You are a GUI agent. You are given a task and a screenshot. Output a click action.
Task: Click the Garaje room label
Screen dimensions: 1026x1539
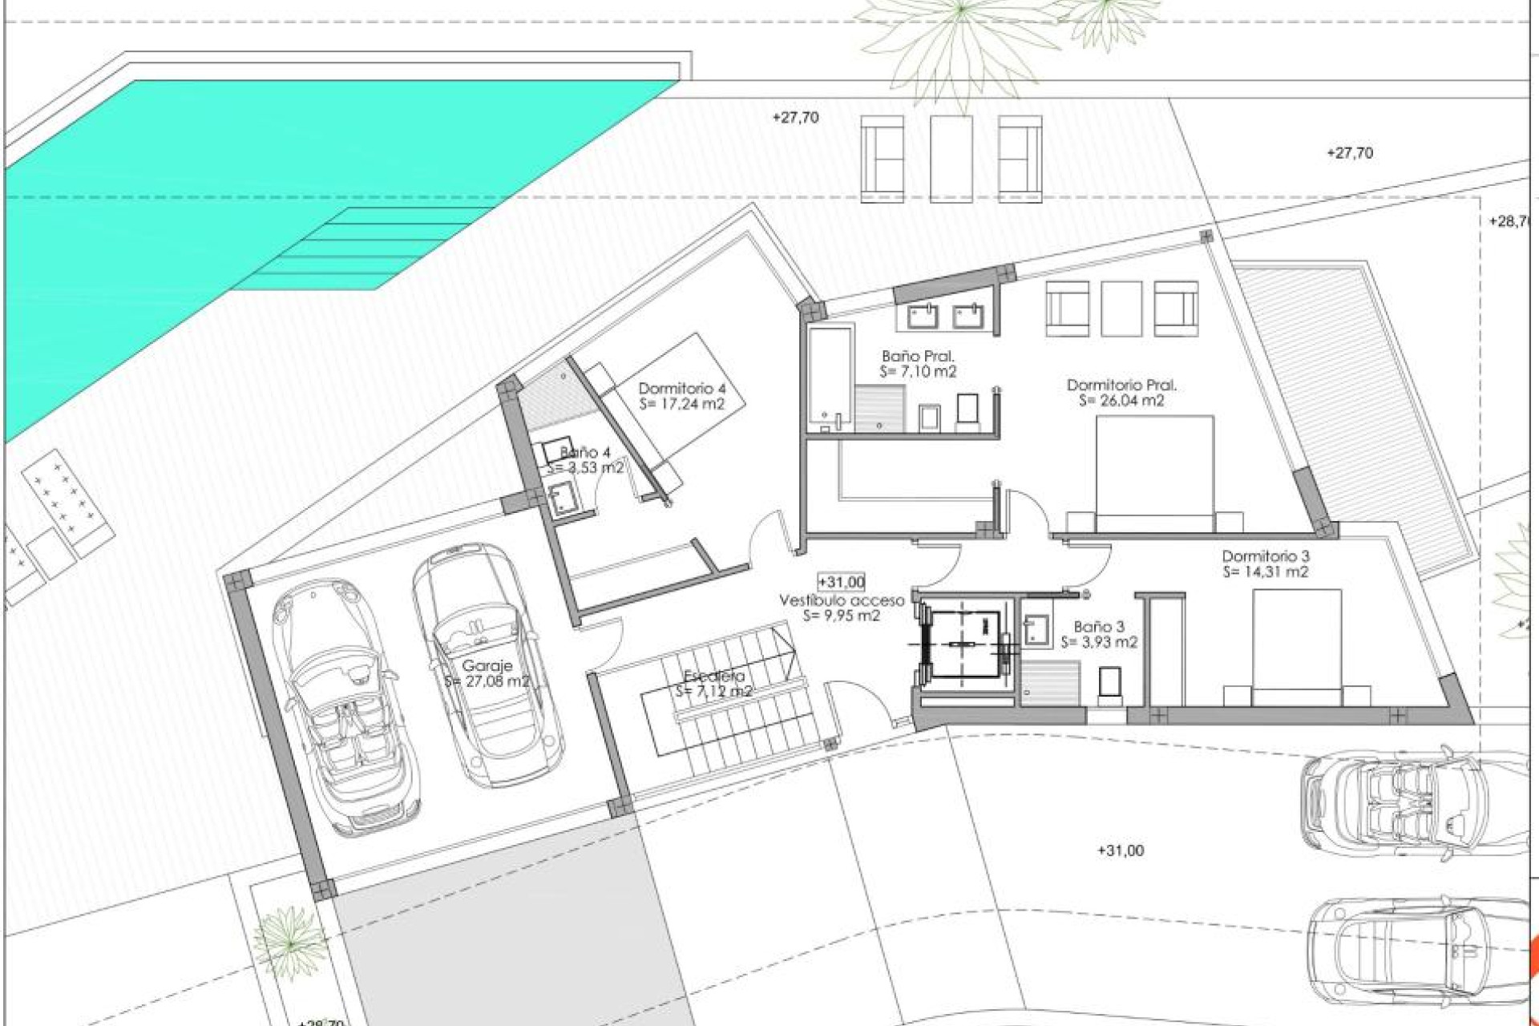(x=487, y=666)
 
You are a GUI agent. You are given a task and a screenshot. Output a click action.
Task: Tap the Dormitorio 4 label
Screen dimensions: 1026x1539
(x=681, y=389)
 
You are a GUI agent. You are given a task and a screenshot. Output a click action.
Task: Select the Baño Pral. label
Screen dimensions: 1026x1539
(x=918, y=356)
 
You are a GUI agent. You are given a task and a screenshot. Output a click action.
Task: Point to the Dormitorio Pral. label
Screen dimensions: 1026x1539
(x=1121, y=386)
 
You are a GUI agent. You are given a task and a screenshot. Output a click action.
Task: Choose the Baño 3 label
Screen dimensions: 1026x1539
(x=1099, y=627)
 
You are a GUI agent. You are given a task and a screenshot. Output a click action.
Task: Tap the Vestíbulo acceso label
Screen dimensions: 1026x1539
(x=842, y=600)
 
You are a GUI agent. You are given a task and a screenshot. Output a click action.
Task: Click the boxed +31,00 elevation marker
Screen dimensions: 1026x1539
(x=841, y=582)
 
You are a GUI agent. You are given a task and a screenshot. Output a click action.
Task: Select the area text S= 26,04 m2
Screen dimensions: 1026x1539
(x=1121, y=401)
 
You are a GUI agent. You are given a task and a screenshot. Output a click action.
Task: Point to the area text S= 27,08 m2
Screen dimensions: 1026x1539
(x=487, y=682)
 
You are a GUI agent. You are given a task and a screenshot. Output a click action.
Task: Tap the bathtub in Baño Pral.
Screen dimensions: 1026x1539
(x=829, y=377)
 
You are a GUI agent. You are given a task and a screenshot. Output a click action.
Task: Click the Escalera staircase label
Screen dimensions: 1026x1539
(x=713, y=677)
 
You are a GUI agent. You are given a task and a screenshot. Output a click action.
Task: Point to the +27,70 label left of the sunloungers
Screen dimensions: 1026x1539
(x=795, y=118)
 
